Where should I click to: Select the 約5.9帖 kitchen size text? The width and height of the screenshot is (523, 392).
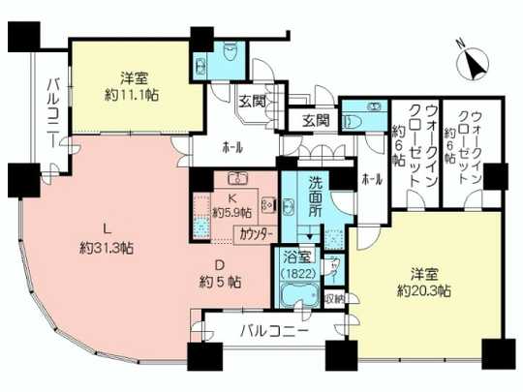233,212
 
